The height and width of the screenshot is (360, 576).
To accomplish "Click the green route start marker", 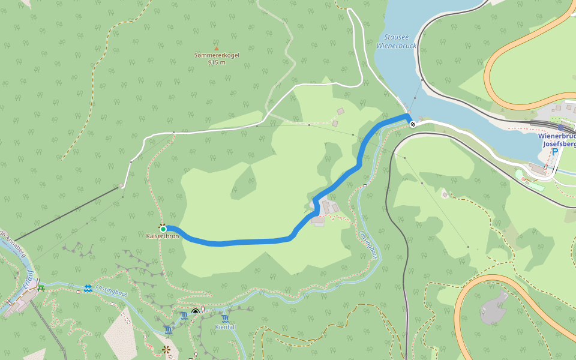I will [163, 229].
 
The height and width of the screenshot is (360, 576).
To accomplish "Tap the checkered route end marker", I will [413, 124].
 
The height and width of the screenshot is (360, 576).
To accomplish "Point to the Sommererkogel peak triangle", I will [217, 49].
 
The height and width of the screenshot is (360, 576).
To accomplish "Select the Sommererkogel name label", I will [217, 55].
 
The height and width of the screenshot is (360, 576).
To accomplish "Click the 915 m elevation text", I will [217, 62].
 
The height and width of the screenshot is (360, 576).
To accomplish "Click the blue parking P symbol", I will [555, 152].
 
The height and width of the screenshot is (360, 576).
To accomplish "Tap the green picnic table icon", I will [41, 289].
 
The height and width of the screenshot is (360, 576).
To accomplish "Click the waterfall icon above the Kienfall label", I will [225, 318].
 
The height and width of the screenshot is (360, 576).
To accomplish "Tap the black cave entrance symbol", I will [196, 311].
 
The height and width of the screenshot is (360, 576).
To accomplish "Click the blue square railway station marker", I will [560, 128].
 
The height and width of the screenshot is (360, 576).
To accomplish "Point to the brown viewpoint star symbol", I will [166, 349].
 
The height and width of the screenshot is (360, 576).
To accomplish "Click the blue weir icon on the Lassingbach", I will [88, 289].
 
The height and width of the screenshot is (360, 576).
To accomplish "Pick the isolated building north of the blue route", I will [341, 111].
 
